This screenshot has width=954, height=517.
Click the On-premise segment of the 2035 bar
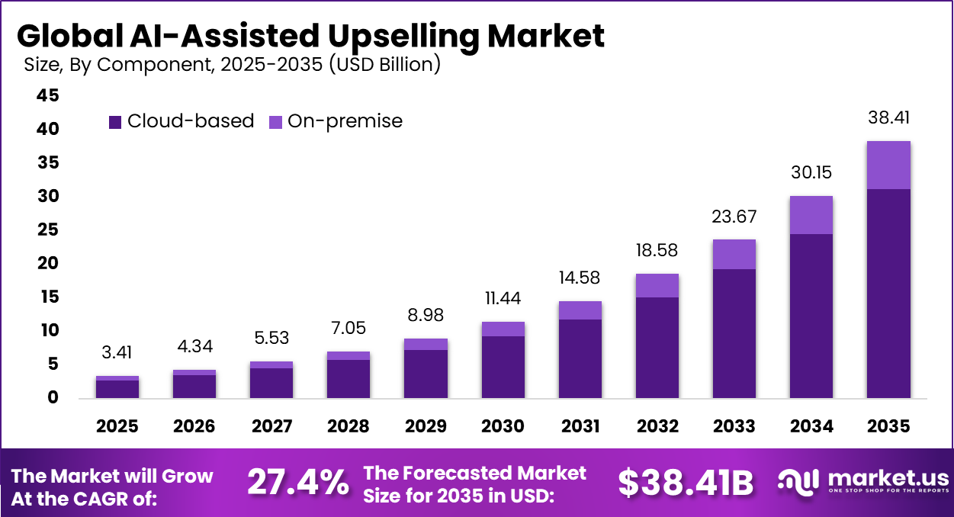tap(888, 165)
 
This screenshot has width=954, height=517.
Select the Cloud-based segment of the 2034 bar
tap(811, 316)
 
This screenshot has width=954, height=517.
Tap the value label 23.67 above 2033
tap(734, 217)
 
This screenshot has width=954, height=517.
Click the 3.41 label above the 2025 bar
tap(117, 354)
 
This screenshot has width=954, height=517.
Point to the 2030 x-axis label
tap(503, 426)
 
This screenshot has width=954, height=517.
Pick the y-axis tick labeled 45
tap(47, 96)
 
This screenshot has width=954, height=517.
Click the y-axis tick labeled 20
tap(47, 264)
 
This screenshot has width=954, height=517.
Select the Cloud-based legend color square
tap(115, 121)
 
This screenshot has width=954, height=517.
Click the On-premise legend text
tap(345, 121)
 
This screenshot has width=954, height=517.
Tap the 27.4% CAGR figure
tap(298, 483)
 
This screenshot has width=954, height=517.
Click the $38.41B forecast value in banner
tap(685, 483)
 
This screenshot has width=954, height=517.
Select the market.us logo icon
tap(798, 480)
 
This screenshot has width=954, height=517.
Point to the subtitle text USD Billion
tap(384, 65)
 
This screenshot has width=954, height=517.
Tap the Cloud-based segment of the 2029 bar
tap(426, 374)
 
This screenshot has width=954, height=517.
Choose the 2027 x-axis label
tap(271, 426)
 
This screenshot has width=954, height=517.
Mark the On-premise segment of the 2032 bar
tap(657, 285)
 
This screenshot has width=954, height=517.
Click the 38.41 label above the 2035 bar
tap(888, 118)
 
